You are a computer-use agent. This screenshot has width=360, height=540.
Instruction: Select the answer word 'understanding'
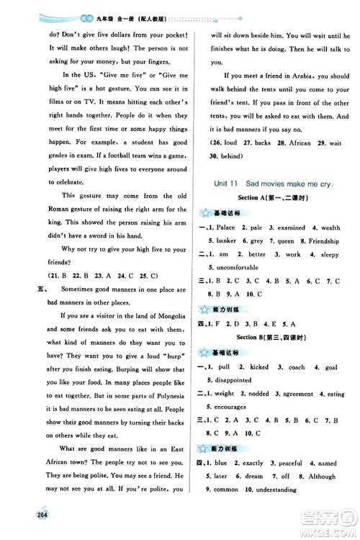click(272, 490)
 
